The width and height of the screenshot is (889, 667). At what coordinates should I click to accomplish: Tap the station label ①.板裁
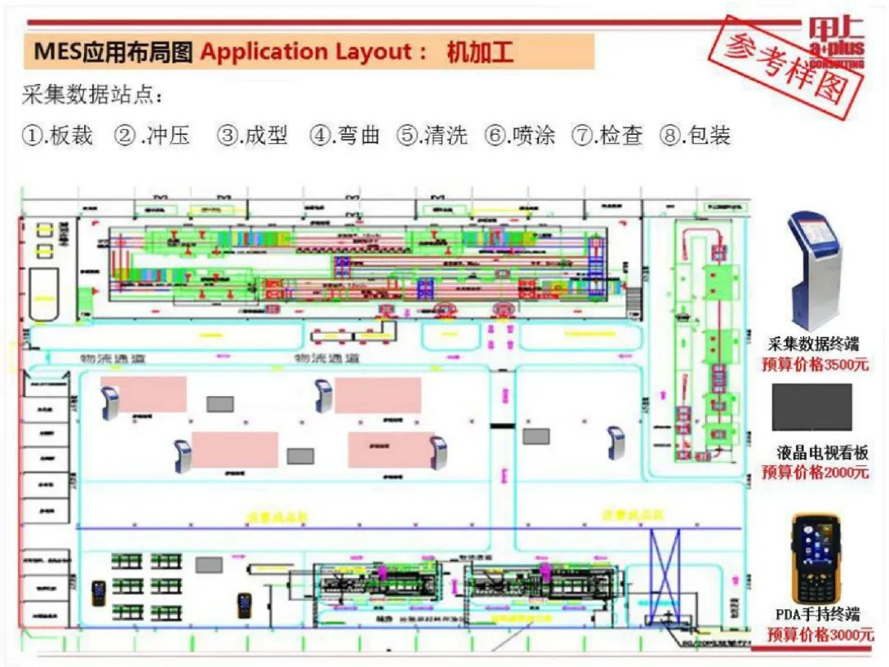pyautogui.click(x=57, y=136)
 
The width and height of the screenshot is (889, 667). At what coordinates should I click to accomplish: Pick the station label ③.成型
pyautogui.click(x=252, y=136)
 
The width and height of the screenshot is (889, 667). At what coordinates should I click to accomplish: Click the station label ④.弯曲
pyautogui.click(x=345, y=136)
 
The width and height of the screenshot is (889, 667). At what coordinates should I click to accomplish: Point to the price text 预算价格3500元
pyautogui.click(x=814, y=364)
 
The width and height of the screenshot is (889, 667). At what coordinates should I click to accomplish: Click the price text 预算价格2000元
pyautogui.click(x=815, y=472)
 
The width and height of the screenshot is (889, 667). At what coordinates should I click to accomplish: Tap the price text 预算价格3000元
pyautogui.click(x=820, y=634)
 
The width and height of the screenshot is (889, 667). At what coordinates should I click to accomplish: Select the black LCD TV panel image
pyautogui.click(x=812, y=407)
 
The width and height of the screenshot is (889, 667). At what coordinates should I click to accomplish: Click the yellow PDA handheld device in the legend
pyautogui.click(x=816, y=558)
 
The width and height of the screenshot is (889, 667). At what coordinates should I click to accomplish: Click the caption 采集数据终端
pyautogui.click(x=814, y=345)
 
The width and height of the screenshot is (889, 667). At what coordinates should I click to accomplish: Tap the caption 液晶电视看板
pyautogui.click(x=822, y=453)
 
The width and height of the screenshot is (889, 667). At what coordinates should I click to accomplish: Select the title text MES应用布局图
pyautogui.click(x=113, y=52)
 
